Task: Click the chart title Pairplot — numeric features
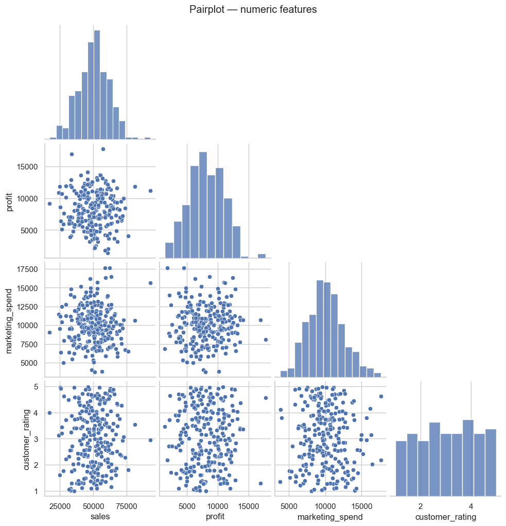coord(253,9)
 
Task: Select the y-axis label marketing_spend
coord(9,320)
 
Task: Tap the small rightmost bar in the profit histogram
coord(261,256)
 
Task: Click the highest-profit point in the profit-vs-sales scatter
coord(103,149)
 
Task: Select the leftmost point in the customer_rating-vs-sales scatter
coord(49,413)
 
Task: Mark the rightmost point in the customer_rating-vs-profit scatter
coord(266,398)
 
